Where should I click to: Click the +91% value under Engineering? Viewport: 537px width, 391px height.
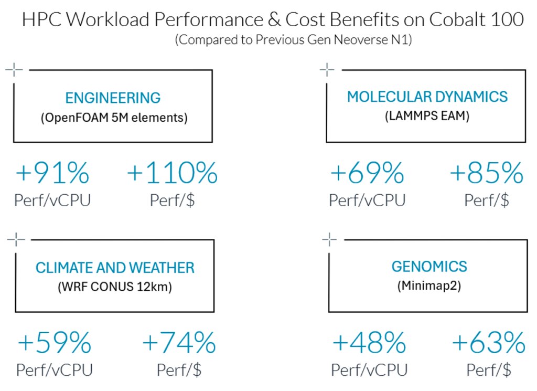(52, 173)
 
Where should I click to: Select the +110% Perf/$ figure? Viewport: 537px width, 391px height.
(173, 173)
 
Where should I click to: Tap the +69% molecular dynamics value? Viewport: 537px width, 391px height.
(367, 173)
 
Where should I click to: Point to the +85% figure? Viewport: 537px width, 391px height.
(487, 173)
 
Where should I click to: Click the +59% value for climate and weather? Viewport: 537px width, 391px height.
(55, 343)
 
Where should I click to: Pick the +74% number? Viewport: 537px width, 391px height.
(179, 343)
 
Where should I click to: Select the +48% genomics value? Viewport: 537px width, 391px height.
(369, 343)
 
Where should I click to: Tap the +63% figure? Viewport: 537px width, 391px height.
(489, 343)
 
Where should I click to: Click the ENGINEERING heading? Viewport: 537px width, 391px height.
(113, 98)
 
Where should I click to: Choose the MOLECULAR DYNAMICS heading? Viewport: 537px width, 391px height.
(427, 97)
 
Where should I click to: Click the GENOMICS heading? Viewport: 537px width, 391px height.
(429, 267)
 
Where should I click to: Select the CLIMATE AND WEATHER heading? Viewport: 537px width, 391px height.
(115, 268)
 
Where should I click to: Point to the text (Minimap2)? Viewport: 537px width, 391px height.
(429, 287)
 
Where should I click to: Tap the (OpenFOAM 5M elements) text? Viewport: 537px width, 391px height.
(114, 118)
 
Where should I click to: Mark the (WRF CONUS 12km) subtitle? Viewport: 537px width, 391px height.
(115, 287)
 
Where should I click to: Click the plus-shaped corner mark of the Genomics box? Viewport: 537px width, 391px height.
(329, 240)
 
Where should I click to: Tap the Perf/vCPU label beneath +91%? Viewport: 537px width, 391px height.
(53, 200)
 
